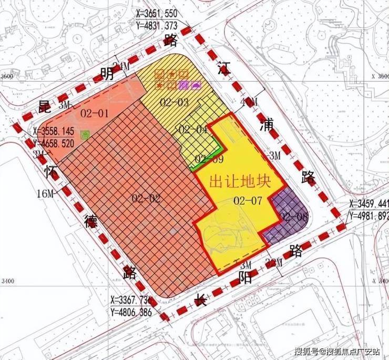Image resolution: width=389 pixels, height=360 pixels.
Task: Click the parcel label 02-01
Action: click(x=95, y=113)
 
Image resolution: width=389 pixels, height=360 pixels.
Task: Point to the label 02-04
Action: click(x=193, y=129)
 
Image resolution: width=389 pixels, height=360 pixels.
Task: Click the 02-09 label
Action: click(x=206, y=158)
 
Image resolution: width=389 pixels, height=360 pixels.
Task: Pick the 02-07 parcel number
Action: click(x=248, y=200)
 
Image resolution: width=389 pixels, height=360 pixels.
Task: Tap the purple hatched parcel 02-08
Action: click(x=288, y=216)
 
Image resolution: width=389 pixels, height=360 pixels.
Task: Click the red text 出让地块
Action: click(x=239, y=182)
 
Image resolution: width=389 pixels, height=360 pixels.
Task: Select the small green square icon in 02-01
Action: click(x=84, y=135)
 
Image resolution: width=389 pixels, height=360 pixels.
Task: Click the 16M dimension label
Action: click(x=46, y=194)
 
